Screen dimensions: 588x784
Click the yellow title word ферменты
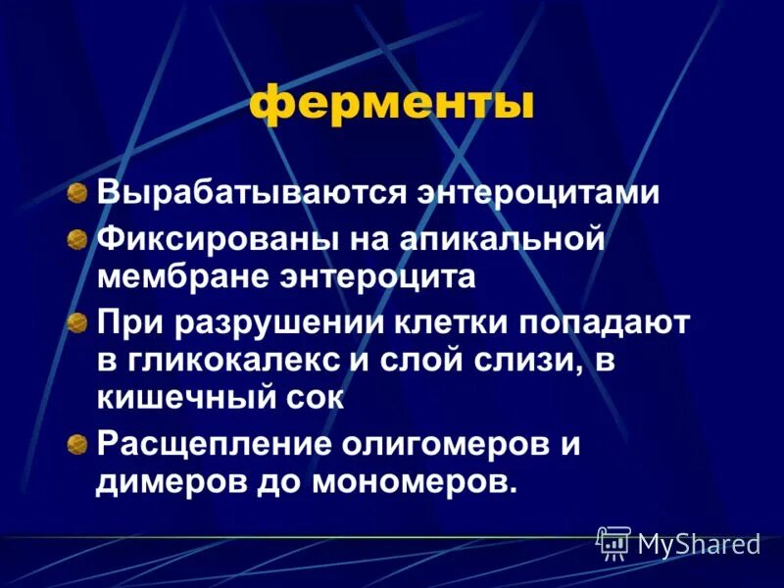(x=391, y=105)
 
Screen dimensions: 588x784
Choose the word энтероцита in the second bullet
(x=372, y=276)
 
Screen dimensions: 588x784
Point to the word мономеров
(x=416, y=482)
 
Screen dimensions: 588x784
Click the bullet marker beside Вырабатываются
(x=76, y=192)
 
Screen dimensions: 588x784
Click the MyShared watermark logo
(x=677, y=541)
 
